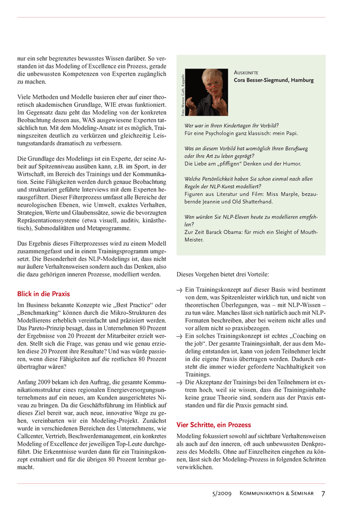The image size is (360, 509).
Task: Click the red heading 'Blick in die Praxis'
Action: [x=43, y=294]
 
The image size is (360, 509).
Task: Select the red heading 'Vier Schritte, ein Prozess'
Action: [x=213, y=425]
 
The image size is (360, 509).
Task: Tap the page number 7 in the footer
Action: [x=323, y=494]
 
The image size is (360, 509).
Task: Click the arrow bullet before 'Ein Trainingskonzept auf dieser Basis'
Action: [x=179, y=290]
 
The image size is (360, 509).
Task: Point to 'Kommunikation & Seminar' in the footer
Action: [x=277, y=494]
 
